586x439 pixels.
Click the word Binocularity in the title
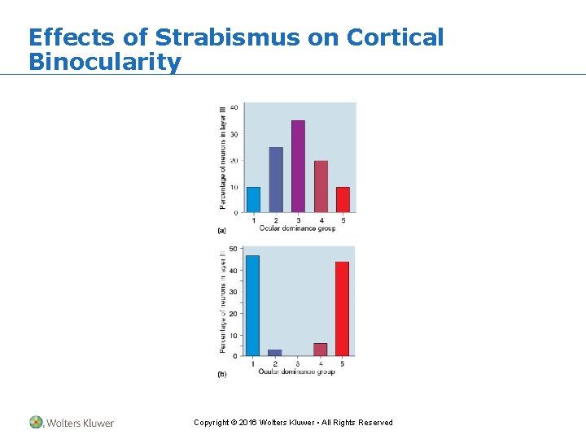(x=104, y=62)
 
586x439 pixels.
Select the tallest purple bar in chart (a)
(x=298, y=166)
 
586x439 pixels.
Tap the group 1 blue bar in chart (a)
(x=253, y=199)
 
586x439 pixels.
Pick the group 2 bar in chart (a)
(x=276, y=180)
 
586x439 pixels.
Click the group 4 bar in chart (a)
(x=321, y=186)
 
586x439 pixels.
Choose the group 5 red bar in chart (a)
(x=343, y=199)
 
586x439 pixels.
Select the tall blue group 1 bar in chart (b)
(x=252, y=306)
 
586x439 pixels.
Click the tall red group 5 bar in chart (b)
(x=342, y=309)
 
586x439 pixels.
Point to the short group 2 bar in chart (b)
(x=275, y=353)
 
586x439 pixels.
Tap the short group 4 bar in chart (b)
(x=320, y=350)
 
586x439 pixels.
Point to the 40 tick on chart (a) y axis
(x=234, y=107)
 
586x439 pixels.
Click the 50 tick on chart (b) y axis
(x=234, y=250)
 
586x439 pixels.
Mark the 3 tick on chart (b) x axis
(x=297, y=363)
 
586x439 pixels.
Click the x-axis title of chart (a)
(x=297, y=228)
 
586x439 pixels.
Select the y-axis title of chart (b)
(x=222, y=302)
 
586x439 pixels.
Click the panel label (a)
(x=221, y=231)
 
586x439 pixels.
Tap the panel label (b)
(x=221, y=375)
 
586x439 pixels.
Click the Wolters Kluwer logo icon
(x=36, y=422)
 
